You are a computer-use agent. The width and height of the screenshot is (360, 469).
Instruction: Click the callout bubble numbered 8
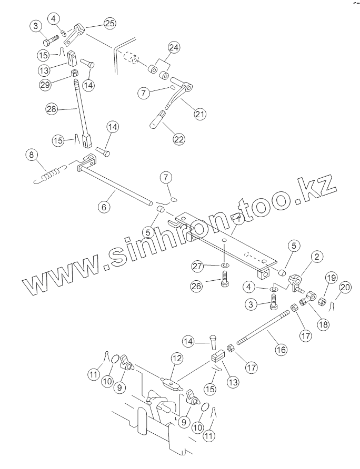(32, 155)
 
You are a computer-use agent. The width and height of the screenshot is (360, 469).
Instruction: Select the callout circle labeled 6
(104, 207)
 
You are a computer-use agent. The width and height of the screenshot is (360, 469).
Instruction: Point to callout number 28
(52, 109)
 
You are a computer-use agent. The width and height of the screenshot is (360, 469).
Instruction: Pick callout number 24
(174, 47)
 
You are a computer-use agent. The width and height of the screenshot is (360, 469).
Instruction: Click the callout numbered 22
(179, 139)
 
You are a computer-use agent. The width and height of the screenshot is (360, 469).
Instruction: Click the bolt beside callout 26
(225, 279)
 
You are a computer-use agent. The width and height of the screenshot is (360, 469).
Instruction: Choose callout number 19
(331, 278)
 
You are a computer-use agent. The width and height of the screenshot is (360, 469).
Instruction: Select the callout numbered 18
(323, 324)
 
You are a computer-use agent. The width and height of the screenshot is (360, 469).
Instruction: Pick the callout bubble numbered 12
(177, 358)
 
